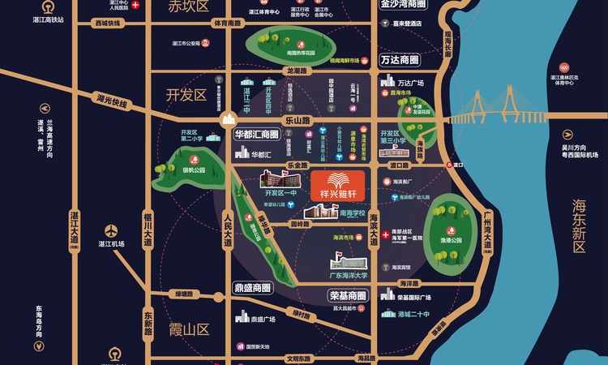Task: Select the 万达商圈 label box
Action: (x=400, y=61)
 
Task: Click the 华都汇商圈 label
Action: (x=256, y=135)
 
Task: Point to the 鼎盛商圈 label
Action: (x=252, y=287)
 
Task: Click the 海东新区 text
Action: (x=579, y=225)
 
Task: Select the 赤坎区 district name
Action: (x=188, y=7)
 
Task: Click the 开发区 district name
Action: (x=186, y=95)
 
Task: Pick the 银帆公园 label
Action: (x=194, y=170)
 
